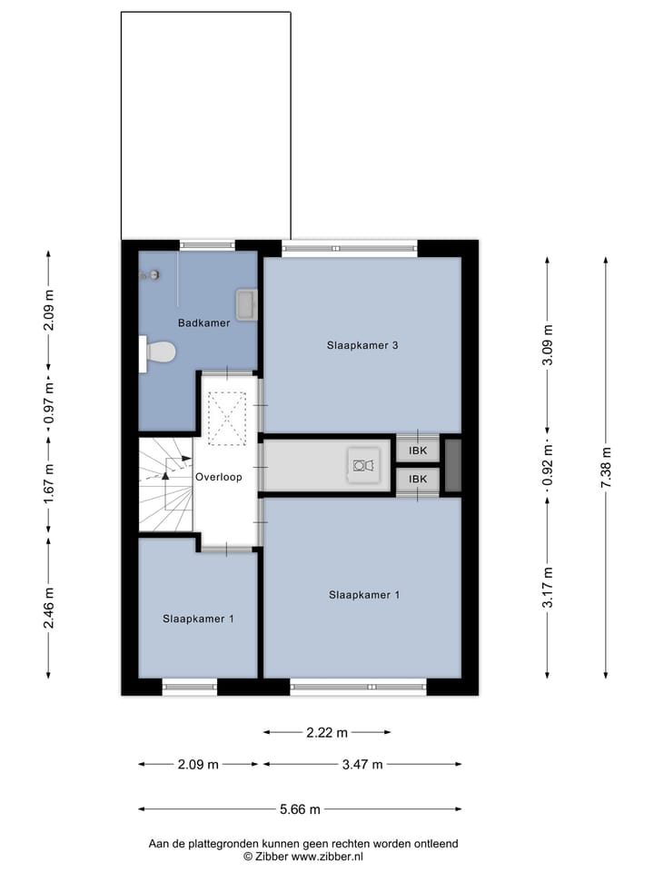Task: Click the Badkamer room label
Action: pyautogui.click(x=203, y=322)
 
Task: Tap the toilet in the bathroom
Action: pyautogui.click(x=158, y=352)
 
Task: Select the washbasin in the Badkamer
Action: pyautogui.click(x=246, y=302)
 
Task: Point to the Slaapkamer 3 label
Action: pyautogui.click(x=363, y=345)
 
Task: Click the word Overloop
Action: pyautogui.click(x=218, y=476)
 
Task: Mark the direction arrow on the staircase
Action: pyautogui.click(x=166, y=465)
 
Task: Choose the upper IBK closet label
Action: pyautogui.click(x=418, y=451)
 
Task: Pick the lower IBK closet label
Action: pyautogui.click(x=418, y=480)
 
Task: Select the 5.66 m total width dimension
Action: pyautogui.click(x=301, y=809)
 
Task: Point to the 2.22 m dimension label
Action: pyautogui.click(x=327, y=732)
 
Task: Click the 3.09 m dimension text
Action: pyautogui.click(x=547, y=344)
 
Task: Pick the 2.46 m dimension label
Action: pyautogui.click(x=49, y=608)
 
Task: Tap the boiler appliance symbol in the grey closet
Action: pyautogui.click(x=363, y=465)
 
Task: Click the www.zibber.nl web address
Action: pyautogui.click(x=328, y=857)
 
